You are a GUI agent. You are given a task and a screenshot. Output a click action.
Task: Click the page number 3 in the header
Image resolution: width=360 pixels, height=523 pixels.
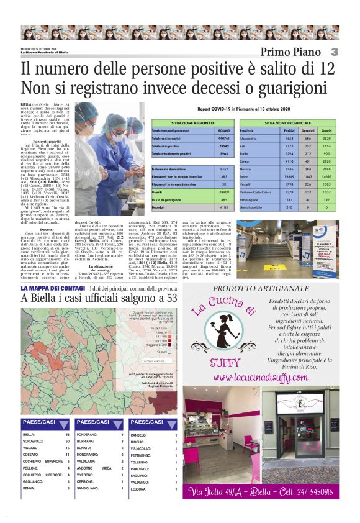(x=334, y=52)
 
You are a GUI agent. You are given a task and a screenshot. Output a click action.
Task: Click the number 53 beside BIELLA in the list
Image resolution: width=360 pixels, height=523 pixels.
(x=68, y=435)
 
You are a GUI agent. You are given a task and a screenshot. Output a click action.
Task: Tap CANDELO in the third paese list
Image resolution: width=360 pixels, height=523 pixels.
(x=139, y=435)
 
